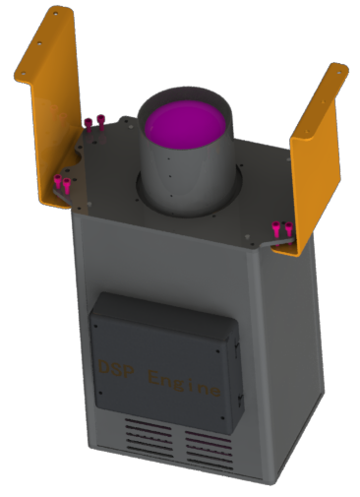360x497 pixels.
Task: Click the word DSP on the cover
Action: [117, 368]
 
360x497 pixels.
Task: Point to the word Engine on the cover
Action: [183, 383]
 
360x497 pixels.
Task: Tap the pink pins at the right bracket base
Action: [282, 229]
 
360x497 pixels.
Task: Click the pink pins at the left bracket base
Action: [62, 183]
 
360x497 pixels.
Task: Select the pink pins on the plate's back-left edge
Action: [93, 124]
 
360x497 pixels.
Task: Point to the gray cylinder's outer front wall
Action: [183, 177]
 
